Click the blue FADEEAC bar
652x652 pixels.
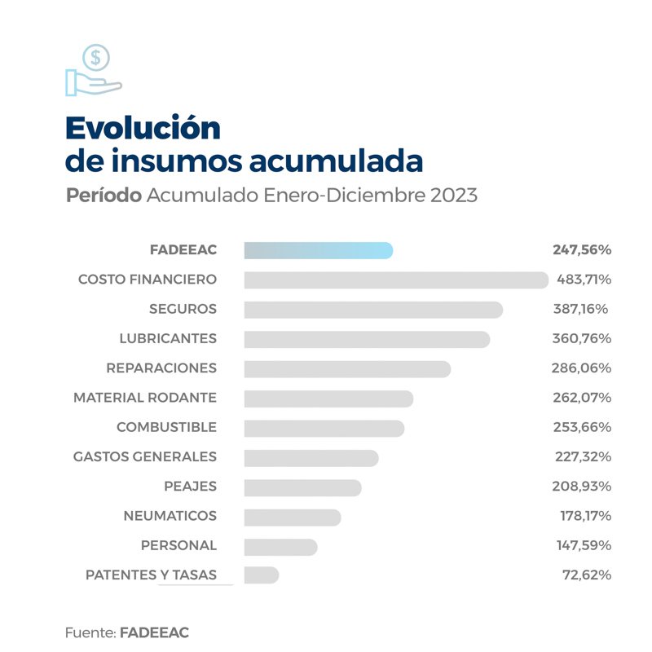318,250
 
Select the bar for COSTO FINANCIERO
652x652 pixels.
396,280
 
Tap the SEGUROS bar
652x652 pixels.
373,310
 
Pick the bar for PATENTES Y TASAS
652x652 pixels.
261,575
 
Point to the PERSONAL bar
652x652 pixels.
280,545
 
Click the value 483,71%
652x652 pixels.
584,280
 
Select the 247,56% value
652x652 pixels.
584,250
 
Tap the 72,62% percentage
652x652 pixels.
587,575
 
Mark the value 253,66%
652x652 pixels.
584,427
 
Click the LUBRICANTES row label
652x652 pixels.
168,338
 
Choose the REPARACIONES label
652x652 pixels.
161,368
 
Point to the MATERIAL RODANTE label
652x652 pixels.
145,398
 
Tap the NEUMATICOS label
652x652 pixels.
170,516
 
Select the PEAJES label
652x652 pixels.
190,487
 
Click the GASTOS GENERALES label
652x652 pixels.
145,456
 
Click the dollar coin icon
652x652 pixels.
96,58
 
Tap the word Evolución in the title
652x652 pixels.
143,128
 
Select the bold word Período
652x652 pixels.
104,196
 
